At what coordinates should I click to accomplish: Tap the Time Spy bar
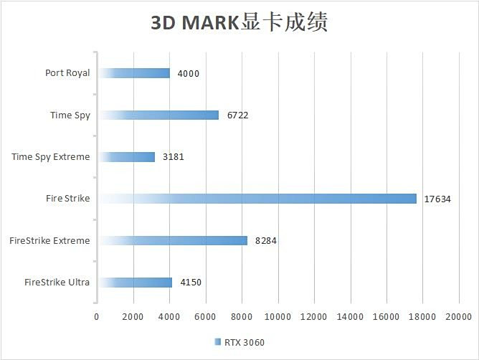158,115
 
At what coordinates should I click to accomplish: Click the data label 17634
437,199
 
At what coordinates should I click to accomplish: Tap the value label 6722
237,115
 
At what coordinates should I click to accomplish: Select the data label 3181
174,157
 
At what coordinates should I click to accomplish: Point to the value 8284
265,241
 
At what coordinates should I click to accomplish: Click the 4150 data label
191,283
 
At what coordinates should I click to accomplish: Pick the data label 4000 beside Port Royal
188,74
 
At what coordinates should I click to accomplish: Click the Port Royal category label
67,73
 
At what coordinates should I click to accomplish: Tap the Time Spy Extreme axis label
51,156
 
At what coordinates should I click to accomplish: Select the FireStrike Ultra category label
57,282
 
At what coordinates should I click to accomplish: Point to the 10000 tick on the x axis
278,316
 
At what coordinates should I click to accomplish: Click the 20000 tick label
458,316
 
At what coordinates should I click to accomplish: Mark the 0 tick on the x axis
97,316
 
